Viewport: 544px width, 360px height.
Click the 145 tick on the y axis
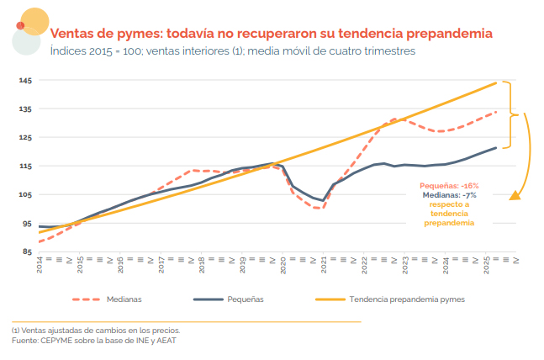tap(25, 81)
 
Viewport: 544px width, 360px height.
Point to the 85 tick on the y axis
tap(27, 251)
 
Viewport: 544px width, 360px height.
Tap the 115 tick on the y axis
tap(25, 167)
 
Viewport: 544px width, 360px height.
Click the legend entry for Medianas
tap(123, 299)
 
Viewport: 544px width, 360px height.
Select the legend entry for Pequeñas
tap(245, 299)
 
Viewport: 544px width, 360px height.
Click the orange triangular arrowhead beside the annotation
tap(515, 196)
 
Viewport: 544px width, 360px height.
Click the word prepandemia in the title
tap(450, 34)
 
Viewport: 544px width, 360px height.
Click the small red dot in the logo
tap(20, 25)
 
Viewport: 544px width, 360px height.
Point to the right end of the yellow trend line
tap(497, 82)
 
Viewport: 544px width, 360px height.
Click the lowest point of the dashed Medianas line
tap(316, 208)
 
